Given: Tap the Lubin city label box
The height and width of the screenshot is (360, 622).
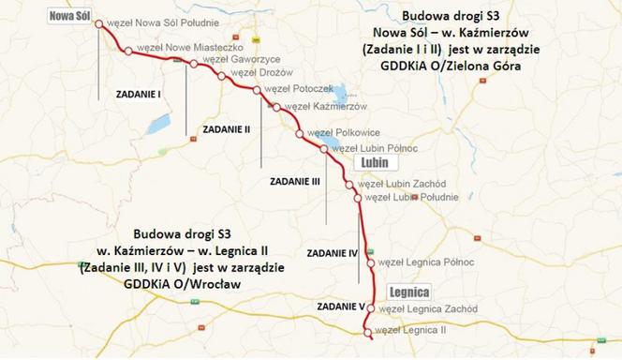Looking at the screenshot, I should [367, 163].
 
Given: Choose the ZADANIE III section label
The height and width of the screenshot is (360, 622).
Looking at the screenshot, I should [295, 180].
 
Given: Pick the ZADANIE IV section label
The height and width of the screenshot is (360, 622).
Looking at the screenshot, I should [333, 253].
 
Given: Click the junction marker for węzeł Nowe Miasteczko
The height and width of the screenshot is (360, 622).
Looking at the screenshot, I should [128, 51].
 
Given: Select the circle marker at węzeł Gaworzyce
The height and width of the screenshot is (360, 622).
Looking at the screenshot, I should [194, 65].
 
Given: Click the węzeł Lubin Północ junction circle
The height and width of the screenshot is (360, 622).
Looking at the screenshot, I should [324, 150].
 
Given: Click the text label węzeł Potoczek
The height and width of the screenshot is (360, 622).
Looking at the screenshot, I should [298, 89].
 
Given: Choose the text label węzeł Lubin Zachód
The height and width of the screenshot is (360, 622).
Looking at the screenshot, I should [405, 184].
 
